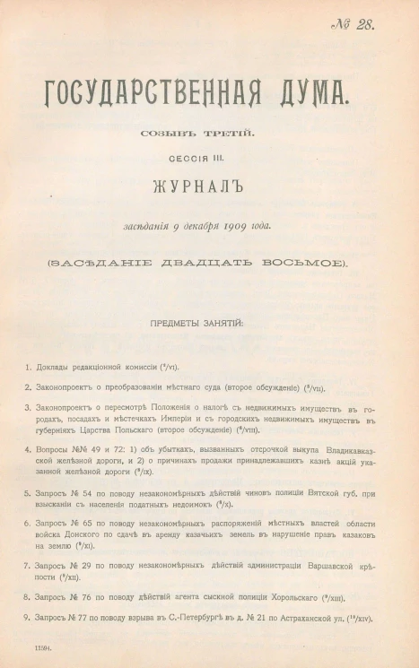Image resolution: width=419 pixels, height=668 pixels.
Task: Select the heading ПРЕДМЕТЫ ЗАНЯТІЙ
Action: point(209,321)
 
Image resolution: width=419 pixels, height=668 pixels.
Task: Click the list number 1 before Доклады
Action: point(28,368)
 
